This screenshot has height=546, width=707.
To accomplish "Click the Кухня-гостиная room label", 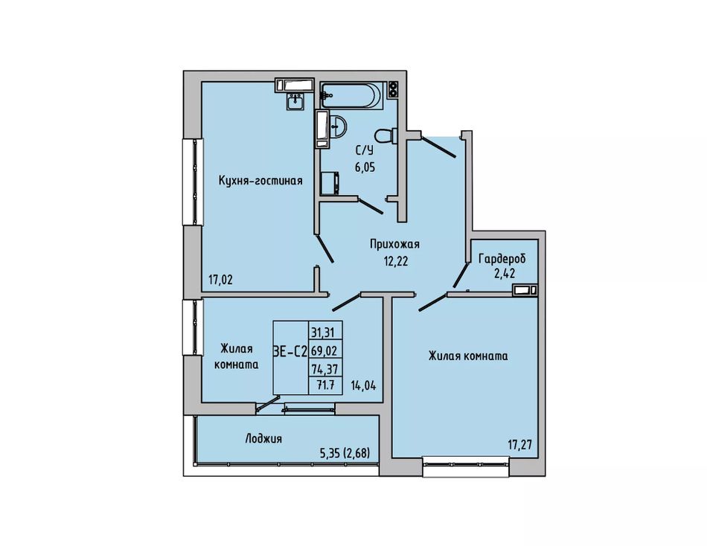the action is coord(260,181).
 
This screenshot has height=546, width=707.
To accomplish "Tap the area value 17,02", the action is coord(220,280).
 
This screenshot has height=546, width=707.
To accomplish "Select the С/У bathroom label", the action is coord(365,150).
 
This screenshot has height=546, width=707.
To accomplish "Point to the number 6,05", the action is coord(365,167).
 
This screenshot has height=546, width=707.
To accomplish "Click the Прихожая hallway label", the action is coord(394,245).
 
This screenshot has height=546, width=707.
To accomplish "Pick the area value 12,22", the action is coord(395,261).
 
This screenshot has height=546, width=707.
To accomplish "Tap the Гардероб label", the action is coord(502,260).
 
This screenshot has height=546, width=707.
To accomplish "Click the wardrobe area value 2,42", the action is coord(505,273).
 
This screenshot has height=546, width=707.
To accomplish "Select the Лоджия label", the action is coord(263,438).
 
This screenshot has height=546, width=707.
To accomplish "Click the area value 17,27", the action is coord(520,445).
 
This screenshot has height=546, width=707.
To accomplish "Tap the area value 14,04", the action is coord(363,386).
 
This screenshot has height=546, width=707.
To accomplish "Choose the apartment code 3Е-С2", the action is coord(290,351).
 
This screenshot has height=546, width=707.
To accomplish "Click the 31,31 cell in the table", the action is coord(325,333).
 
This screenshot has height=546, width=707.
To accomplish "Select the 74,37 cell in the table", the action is coord(325,369).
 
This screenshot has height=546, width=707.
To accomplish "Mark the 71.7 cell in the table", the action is coord(325,385).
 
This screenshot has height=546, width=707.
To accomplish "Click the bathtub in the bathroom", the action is coord(352,95).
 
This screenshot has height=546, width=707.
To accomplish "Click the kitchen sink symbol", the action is coord(295,101).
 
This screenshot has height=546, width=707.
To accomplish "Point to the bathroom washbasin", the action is coord(336,126).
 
